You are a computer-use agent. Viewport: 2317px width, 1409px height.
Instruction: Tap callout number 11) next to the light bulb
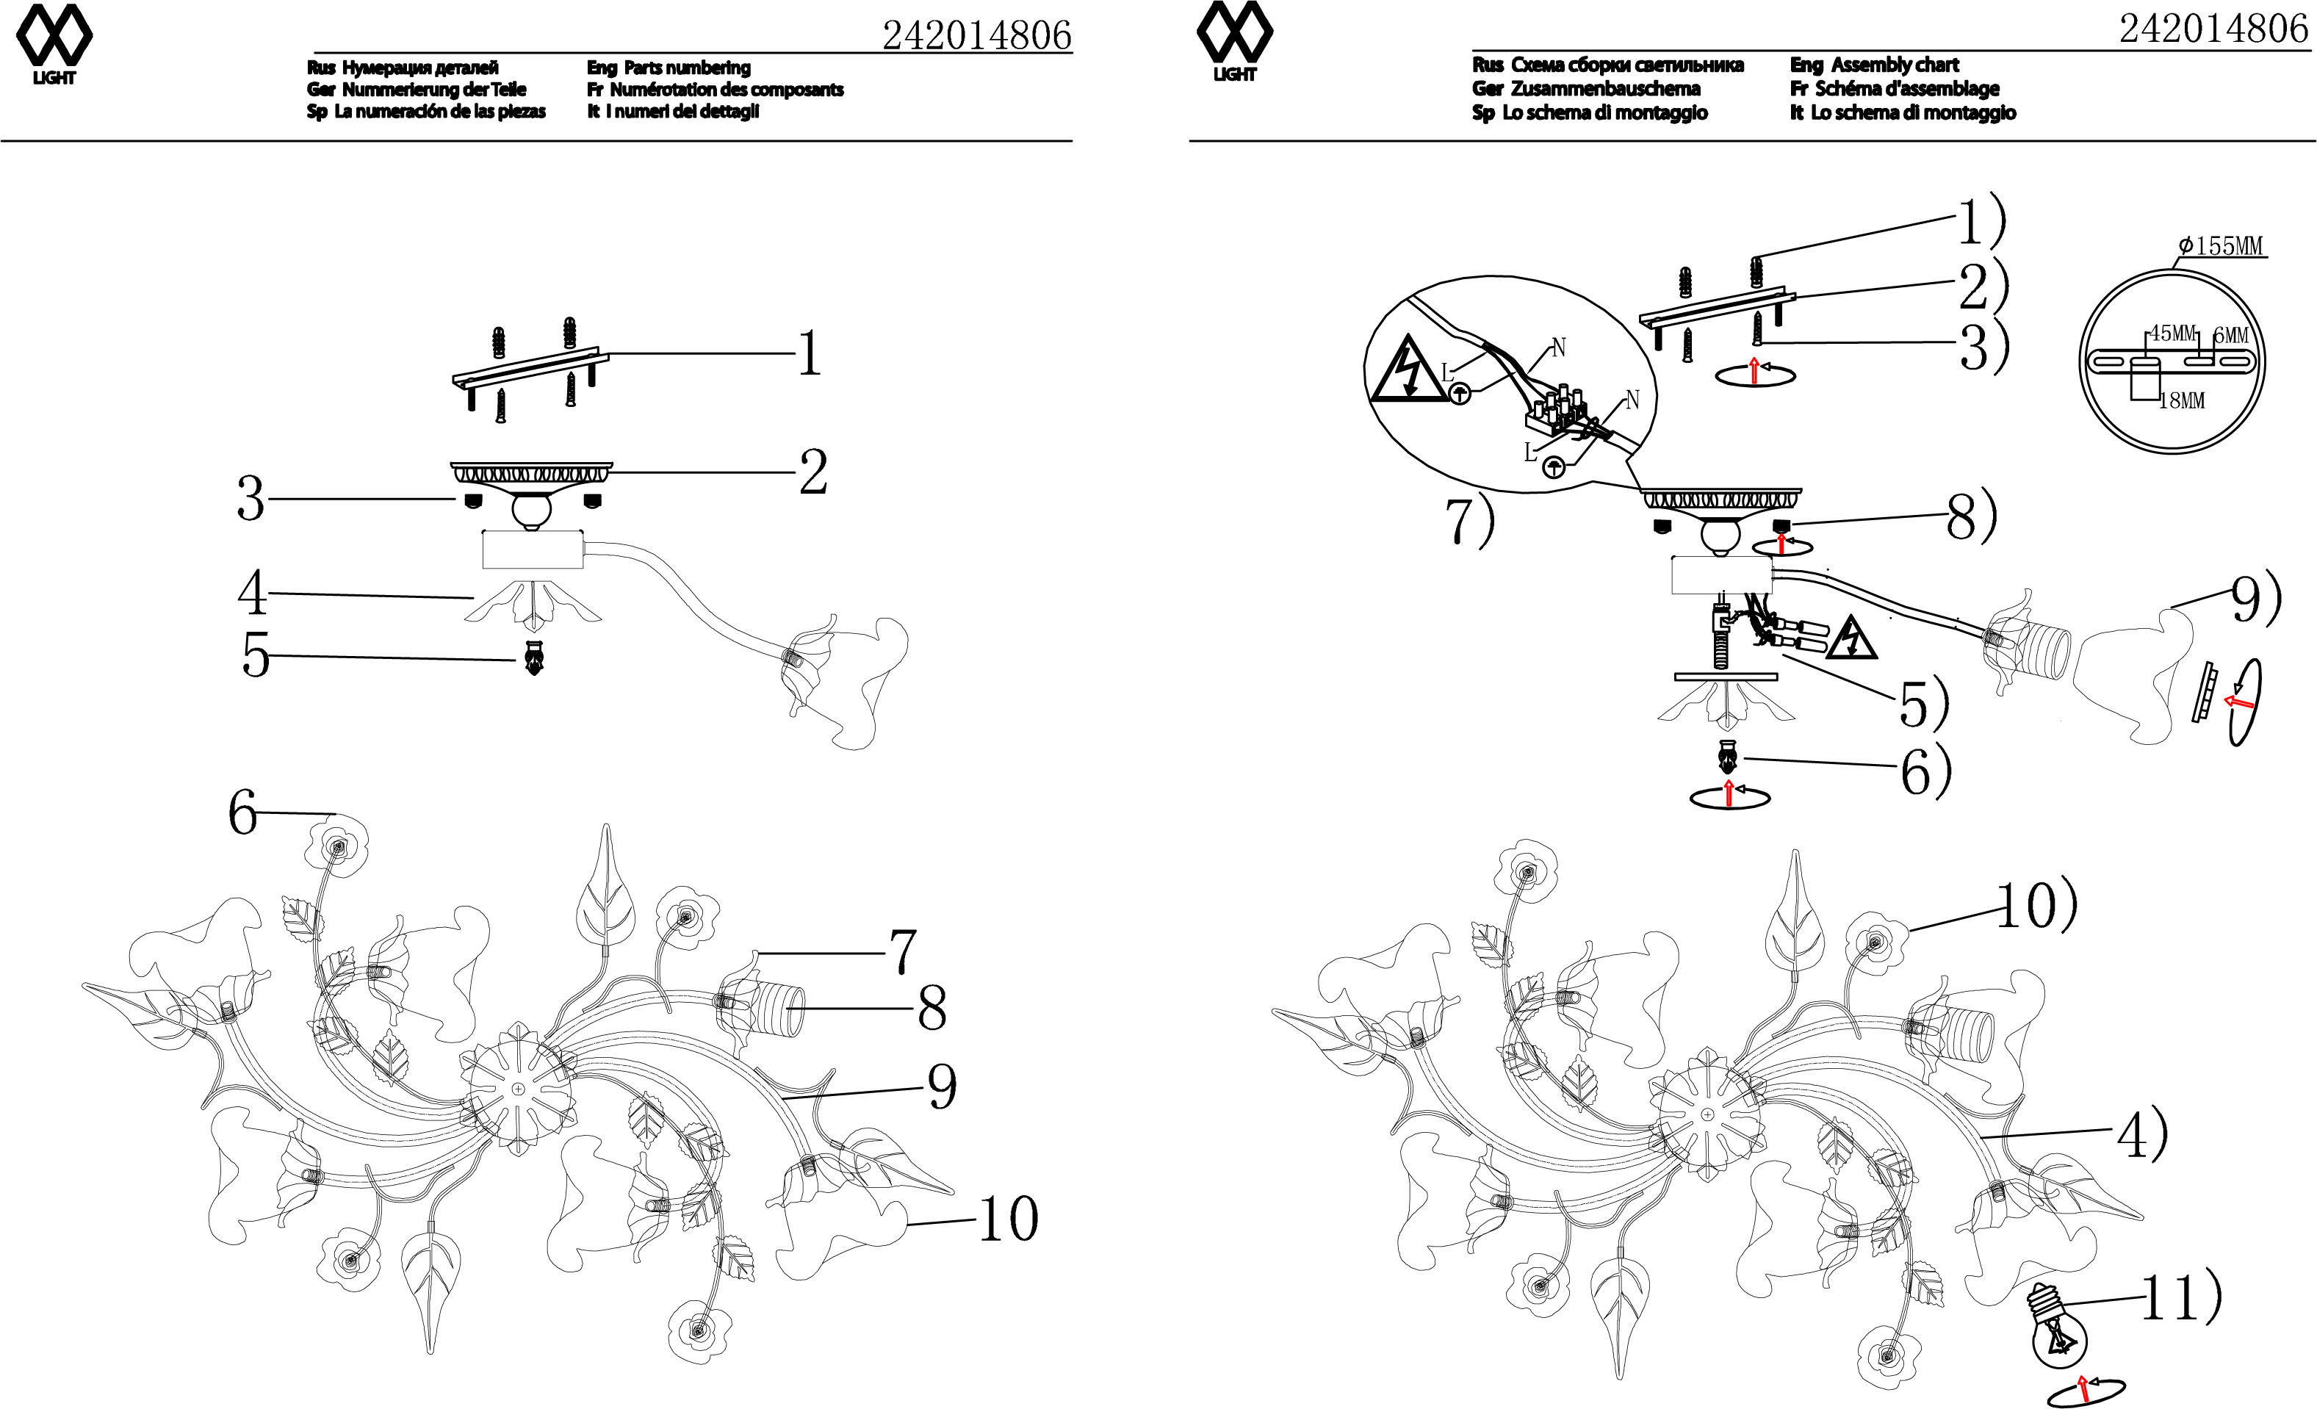click(x=2180, y=1297)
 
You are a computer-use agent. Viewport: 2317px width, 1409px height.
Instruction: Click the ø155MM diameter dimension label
click(x=2221, y=245)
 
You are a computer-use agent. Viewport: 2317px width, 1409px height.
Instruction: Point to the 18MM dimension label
click(x=2182, y=400)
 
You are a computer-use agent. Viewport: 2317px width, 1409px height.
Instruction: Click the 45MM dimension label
click(x=2172, y=333)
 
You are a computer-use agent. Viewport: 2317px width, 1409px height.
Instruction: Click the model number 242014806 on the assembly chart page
click(x=2213, y=29)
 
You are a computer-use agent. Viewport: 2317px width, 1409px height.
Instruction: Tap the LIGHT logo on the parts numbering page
click(x=54, y=45)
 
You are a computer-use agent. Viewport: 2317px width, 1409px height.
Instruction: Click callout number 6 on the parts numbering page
click(x=242, y=812)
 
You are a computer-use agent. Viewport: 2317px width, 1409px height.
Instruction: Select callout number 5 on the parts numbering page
click(x=255, y=655)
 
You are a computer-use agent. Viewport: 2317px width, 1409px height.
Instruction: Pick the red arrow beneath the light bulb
click(x=2084, y=1388)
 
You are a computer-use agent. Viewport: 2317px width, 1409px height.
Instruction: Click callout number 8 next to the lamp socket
click(x=931, y=1009)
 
